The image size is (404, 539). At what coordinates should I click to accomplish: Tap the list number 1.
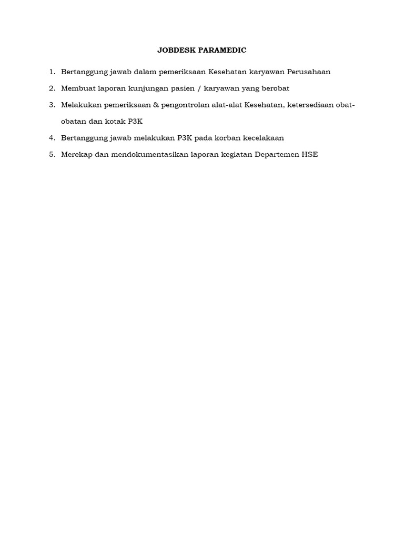(52, 72)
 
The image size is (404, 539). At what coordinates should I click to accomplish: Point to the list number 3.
(52, 105)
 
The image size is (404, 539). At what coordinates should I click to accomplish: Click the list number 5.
(52, 155)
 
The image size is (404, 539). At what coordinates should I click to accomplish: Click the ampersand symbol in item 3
(156, 105)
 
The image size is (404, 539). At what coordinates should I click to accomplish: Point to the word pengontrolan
(187, 105)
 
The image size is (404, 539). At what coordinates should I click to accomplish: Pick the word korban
(227, 138)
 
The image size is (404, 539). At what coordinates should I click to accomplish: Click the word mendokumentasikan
(130, 155)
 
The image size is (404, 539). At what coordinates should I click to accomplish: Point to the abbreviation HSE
(310, 155)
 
